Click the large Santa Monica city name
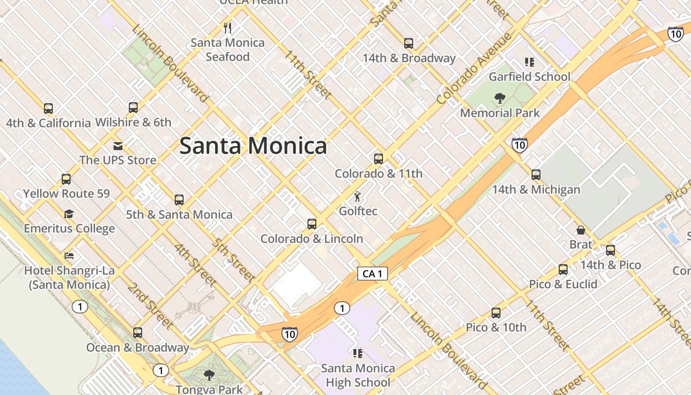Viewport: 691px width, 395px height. pos(253,146)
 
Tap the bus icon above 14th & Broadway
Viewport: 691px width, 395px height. pos(409,43)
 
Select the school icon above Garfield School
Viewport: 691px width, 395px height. pos(530,62)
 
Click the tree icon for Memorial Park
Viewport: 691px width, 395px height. pos(500,98)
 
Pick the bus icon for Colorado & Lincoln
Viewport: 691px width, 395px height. pos(312,224)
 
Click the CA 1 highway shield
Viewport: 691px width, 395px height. pos(373,274)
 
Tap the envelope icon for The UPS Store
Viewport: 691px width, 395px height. pos(118,146)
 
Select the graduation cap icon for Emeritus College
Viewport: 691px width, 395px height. pos(69,214)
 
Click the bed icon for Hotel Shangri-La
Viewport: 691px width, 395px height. pos(70,256)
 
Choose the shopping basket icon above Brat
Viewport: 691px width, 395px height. pos(581,230)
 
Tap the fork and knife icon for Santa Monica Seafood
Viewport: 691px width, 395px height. pos(228,28)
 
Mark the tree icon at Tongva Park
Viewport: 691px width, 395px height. pos(209,375)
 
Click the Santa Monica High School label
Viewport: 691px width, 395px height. pos(358,375)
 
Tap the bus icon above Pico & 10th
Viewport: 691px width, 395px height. pos(496,313)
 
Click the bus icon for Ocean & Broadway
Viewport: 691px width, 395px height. pos(138,333)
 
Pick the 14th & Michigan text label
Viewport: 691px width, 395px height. pos(536,190)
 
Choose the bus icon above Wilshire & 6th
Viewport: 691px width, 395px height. pos(133,108)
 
